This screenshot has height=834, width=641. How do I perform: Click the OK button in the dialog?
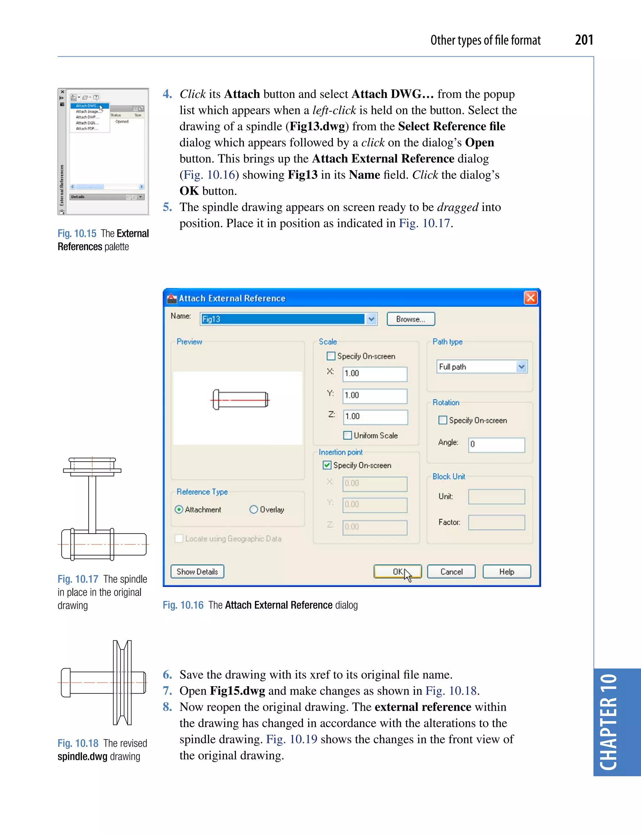pyautogui.click(x=397, y=571)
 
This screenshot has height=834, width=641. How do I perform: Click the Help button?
pyautogui.click(x=506, y=571)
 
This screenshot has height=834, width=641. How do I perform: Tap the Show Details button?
pyautogui.click(x=197, y=571)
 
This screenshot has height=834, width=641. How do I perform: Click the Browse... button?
pyautogui.click(x=411, y=319)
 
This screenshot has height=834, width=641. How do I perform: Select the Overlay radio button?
pyautogui.click(x=254, y=509)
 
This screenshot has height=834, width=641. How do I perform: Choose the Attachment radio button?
pyautogui.click(x=179, y=509)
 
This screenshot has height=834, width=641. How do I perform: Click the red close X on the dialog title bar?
pyautogui.click(x=530, y=298)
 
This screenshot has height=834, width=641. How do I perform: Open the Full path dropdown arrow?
pyautogui.click(x=521, y=367)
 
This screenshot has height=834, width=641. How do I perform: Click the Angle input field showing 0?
pyautogui.click(x=496, y=444)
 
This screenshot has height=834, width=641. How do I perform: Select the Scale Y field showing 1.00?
pyautogui.click(x=374, y=396)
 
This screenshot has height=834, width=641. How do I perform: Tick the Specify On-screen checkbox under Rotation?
pyautogui.click(x=443, y=420)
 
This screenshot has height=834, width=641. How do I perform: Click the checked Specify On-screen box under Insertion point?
pyautogui.click(x=327, y=465)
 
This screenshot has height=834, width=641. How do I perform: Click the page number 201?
pyautogui.click(x=584, y=40)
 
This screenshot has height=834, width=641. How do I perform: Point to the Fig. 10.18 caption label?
pyautogui.click(x=78, y=743)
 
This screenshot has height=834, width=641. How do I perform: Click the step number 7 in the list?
pyautogui.click(x=167, y=691)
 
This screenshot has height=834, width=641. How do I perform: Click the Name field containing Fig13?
pyautogui.click(x=282, y=319)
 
